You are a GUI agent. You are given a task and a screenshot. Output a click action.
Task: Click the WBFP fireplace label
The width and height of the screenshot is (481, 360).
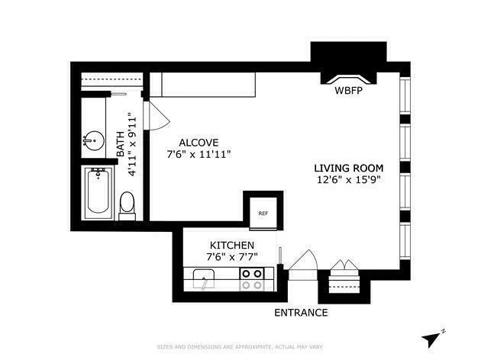(x=347, y=91)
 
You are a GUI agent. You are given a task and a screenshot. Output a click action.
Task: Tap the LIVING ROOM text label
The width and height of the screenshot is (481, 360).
(x=348, y=168)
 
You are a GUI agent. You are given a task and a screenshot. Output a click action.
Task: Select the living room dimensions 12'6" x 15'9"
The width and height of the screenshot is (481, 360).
(x=348, y=181)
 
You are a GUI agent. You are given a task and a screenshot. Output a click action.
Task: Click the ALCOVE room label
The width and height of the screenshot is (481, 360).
(x=199, y=143)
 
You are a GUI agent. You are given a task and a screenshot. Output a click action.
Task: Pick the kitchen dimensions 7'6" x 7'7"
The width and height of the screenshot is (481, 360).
(x=231, y=257)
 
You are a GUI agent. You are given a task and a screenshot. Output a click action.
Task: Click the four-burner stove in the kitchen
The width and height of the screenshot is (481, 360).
(x=252, y=279)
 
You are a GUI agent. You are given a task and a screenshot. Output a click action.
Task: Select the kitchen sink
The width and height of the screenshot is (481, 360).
(x=205, y=278)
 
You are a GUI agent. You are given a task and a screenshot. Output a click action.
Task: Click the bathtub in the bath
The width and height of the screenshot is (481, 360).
(x=98, y=194)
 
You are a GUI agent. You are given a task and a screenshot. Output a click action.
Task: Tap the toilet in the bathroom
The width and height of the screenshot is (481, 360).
(x=128, y=204)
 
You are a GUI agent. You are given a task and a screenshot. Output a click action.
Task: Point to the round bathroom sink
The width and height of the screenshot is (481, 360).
(x=93, y=141)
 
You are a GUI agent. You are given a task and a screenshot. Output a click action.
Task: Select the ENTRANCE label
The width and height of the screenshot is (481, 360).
(x=301, y=313)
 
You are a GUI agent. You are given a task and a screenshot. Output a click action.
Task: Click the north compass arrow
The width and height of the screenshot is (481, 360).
(x=434, y=336)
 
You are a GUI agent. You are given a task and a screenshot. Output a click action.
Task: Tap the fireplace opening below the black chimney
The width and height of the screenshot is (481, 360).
(x=347, y=77)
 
